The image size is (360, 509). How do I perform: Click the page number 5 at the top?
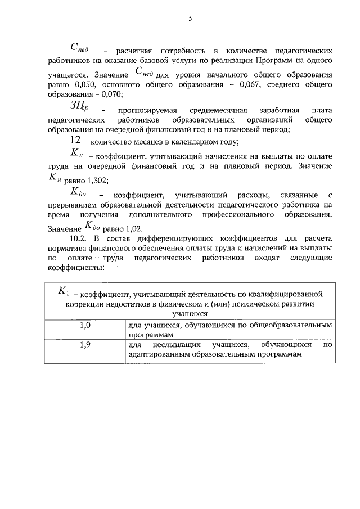190,19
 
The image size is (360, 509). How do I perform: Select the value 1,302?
97,181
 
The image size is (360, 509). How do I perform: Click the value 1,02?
134,228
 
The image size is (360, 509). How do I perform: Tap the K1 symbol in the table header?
64,291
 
